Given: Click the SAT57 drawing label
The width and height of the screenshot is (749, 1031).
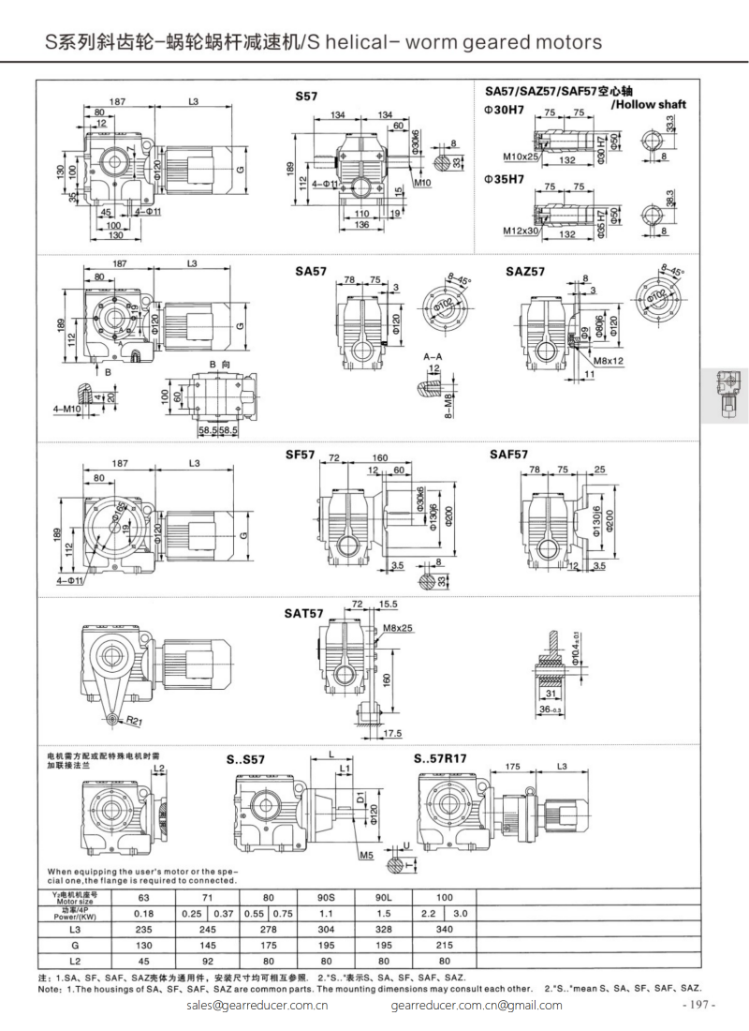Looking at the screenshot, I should click(x=304, y=614).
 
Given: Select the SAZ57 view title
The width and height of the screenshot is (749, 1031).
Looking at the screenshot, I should click(x=525, y=272).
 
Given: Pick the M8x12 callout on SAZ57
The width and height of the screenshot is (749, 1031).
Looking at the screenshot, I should click(x=609, y=360).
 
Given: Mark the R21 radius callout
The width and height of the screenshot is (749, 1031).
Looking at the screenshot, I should click(x=134, y=721).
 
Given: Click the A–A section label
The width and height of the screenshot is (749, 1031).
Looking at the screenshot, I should click(x=433, y=357).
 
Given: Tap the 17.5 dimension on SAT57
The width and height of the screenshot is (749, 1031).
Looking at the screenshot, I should click(x=391, y=733).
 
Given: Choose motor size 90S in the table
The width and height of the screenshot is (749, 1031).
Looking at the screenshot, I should click(x=325, y=896).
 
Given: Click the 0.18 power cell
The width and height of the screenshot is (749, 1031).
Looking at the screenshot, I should click(x=143, y=913).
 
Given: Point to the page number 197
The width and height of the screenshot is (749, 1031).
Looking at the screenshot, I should click(x=698, y=1005).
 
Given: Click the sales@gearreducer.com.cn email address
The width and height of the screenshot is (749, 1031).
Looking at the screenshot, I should click(x=257, y=1005).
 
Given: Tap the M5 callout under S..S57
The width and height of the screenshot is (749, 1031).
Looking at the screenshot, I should click(x=365, y=855).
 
